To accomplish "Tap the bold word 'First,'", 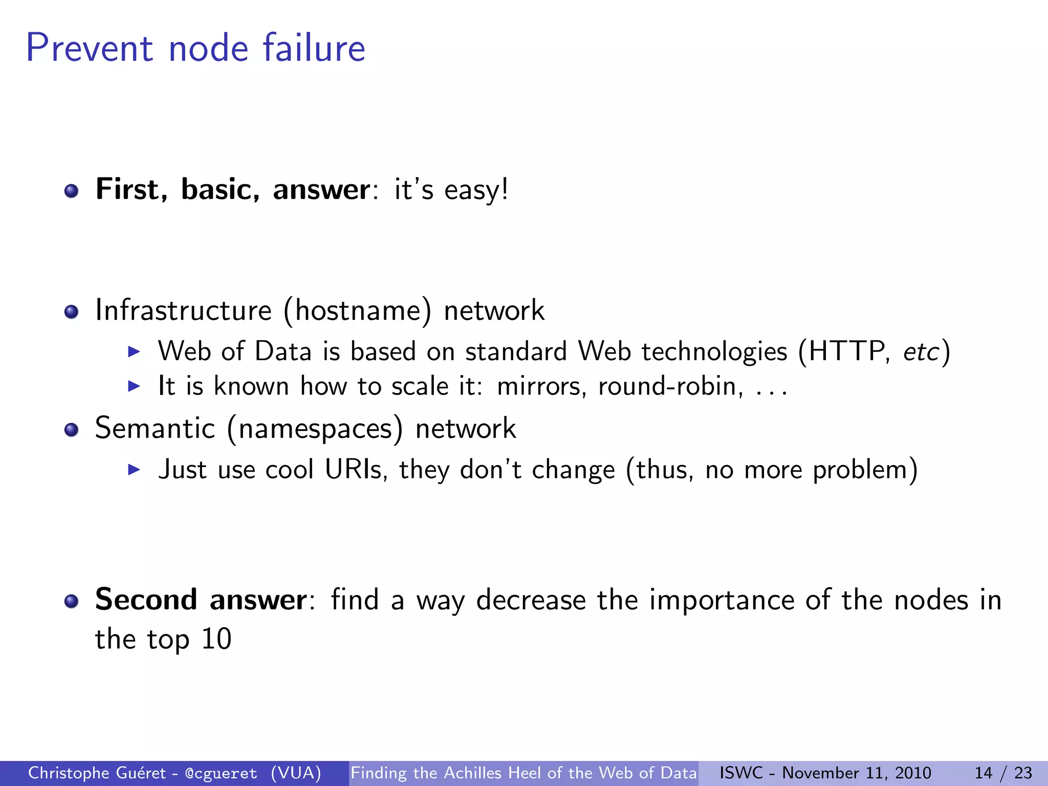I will coord(132,189).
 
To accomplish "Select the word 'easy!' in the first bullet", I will coord(476,190).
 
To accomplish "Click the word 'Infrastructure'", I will coord(183,311).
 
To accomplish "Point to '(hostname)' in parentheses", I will coord(357,311).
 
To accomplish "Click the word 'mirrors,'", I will coord(541,386).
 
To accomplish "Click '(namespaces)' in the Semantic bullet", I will coord(315,429).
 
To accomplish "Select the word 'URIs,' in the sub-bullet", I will coord(356,470).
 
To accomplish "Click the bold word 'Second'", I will coord(146,599).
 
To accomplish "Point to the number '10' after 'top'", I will coord(216,639).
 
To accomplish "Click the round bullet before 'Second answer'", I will coord(71,601).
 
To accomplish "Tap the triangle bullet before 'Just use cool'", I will coord(134,470).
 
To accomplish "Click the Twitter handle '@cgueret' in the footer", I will coord(221,773).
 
